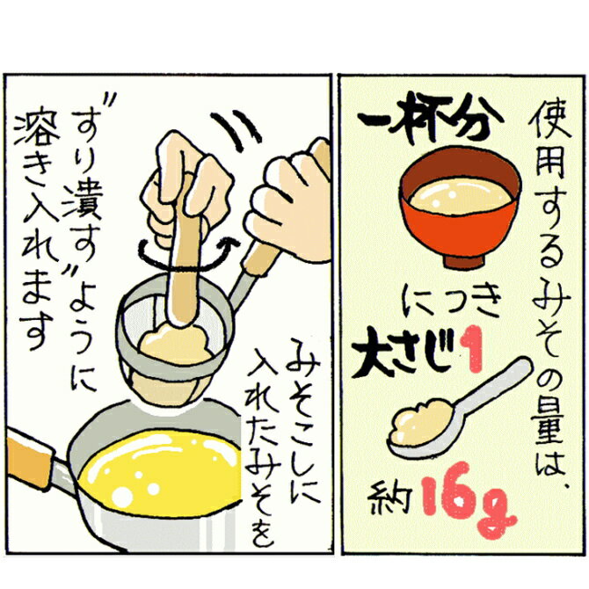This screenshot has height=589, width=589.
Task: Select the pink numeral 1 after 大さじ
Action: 471,349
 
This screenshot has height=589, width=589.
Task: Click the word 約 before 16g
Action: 389,501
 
